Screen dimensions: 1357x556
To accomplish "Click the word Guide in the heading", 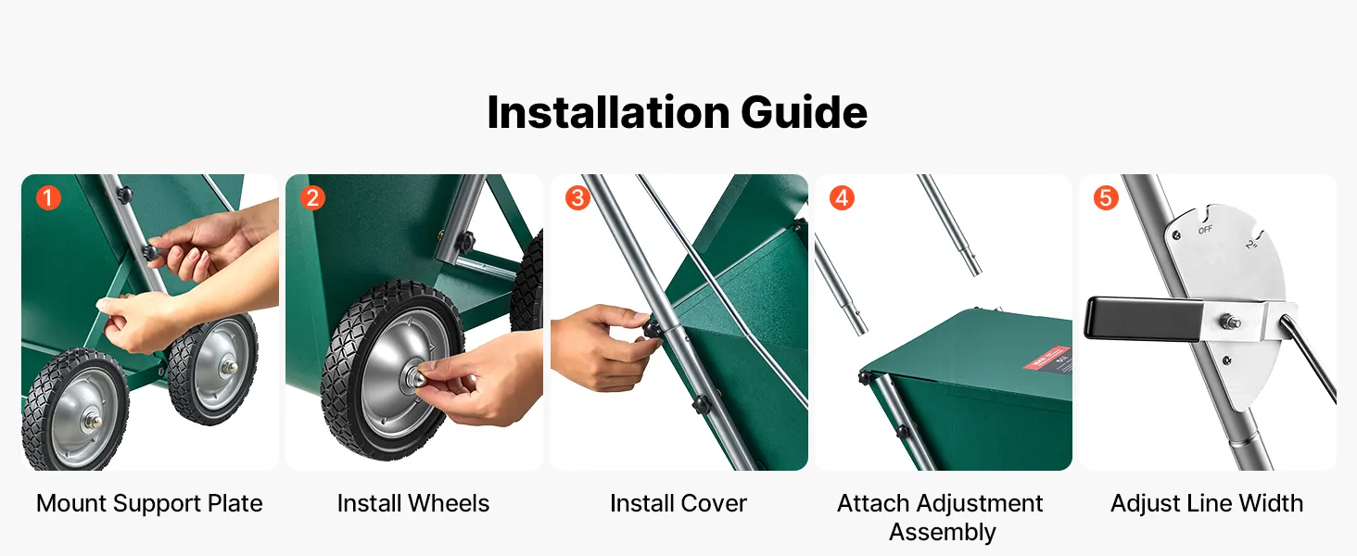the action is click(804, 113).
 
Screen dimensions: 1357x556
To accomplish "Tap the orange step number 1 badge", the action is click(48, 198).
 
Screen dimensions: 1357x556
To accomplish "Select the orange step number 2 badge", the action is click(312, 198).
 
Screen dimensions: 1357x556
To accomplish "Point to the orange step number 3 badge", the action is click(577, 198).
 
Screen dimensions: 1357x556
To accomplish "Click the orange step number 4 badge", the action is click(842, 198).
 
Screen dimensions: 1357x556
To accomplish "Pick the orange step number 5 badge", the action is click(1106, 198).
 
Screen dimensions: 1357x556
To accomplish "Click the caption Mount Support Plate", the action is click(149, 504).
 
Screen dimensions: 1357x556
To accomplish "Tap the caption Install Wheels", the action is click(413, 504).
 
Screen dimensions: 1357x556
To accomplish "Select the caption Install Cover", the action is click(678, 504).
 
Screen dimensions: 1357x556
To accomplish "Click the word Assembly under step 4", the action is click(943, 533).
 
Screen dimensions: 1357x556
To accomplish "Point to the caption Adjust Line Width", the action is click(1207, 504).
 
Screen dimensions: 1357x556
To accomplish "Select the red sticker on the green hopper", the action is click(1046, 358).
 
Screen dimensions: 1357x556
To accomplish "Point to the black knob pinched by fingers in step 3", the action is click(652, 330).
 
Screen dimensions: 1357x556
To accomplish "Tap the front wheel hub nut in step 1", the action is click(94, 419).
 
